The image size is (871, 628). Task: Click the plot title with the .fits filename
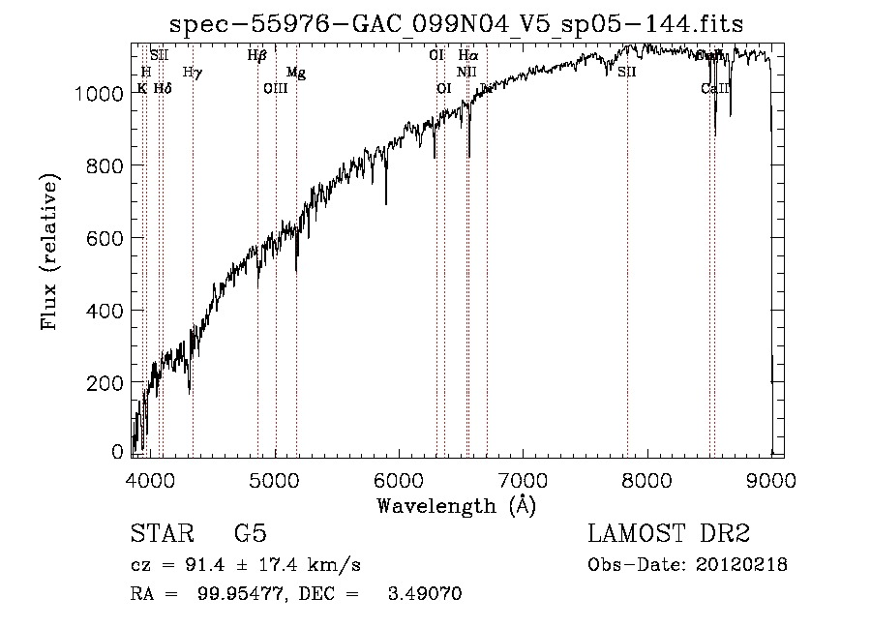[456, 23]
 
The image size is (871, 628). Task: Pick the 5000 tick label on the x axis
[275, 478]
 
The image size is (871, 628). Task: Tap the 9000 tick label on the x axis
[771, 478]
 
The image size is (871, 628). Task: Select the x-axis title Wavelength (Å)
[456, 505]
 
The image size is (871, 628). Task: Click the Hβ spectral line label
[256, 56]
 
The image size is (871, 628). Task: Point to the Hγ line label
[192, 72]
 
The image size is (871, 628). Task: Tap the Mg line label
[296, 73]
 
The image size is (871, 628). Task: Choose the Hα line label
[468, 56]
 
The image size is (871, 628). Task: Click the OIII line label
[276, 88]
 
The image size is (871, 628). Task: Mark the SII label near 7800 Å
[627, 72]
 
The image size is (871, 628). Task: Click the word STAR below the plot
[160, 534]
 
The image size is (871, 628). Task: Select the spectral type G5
[250, 534]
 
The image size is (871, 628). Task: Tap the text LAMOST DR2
[669, 534]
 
